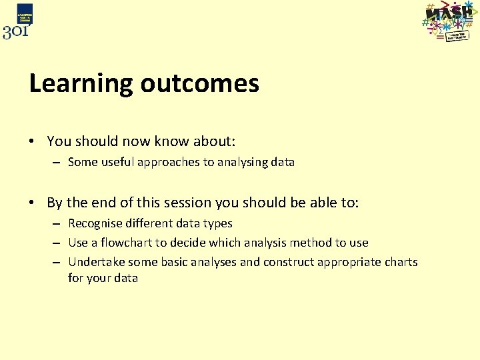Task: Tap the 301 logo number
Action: (15, 31)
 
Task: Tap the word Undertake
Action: (96, 262)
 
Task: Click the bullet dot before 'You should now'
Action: (32, 142)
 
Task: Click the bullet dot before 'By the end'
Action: (32, 203)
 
